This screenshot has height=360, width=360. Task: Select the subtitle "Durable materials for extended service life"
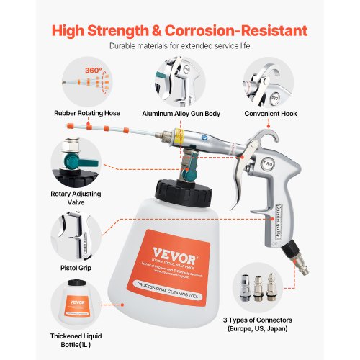[x=180, y=46]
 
